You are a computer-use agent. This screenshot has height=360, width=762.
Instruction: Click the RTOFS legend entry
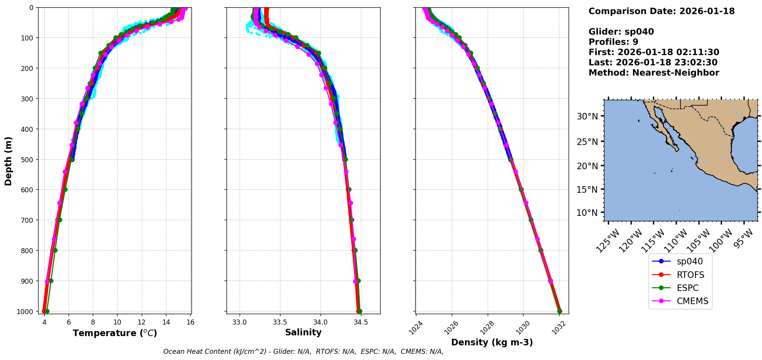[x=690, y=275]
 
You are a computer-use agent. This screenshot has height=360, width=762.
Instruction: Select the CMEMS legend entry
[x=692, y=301]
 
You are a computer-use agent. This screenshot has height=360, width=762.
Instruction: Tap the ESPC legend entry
[x=687, y=288]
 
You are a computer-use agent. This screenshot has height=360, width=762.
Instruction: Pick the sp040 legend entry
[x=690, y=261]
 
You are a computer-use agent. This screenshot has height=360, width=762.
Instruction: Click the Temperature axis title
[x=115, y=333]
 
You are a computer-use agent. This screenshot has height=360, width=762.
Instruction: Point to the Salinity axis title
[x=303, y=332]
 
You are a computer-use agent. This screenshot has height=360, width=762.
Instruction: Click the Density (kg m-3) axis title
[x=492, y=342]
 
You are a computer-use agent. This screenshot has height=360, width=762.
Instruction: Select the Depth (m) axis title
[x=8, y=161]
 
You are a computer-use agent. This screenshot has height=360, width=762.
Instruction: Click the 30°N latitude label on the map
[x=587, y=116]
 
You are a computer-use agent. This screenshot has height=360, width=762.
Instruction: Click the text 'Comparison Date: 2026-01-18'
[x=661, y=11]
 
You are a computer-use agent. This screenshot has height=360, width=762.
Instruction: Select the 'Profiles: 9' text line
[x=613, y=42]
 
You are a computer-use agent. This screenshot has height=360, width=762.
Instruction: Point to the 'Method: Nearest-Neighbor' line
[x=654, y=72]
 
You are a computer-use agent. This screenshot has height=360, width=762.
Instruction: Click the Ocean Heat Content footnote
[x=303, y=352]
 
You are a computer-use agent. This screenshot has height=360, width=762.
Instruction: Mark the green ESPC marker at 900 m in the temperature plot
[x=51, y=281]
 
